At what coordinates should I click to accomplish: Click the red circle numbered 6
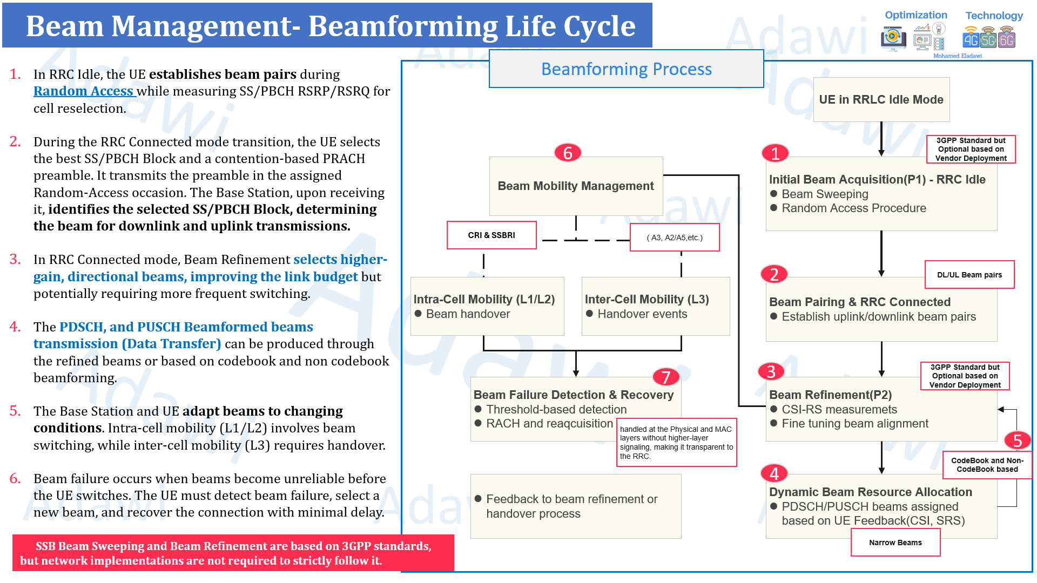click(x=568, y=153)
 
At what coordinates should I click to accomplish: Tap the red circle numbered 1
click(x=775, y=153)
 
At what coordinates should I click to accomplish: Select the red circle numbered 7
click(x=666, y=377)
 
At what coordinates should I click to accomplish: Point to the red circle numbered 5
click(x=1018, y=440)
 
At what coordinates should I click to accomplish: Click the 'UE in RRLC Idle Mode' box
click(x=881, y=99)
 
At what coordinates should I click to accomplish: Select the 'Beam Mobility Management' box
click(x=576, y=186)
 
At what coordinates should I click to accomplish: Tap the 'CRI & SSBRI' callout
click(x=491, y=235)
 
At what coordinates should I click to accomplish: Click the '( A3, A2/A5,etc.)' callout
click(x=675, y=238)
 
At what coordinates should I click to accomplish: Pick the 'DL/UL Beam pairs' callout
click(x=969, y=275)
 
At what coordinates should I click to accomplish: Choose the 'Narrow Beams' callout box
click(x=895, y=543)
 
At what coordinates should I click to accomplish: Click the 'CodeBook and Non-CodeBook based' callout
click(x=987, y=465)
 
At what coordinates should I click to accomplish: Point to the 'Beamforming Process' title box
click(x=626, y=69)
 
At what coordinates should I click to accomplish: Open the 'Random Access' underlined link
click(x=84, y=91)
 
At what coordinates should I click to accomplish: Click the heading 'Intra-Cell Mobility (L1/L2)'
click(x=484, y=299)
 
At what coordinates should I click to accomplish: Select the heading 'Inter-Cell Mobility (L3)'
click(x=647, y=299)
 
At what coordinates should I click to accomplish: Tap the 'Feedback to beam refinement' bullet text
click(x=571, y=506)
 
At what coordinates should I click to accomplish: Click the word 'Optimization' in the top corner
click(x=915, y=15)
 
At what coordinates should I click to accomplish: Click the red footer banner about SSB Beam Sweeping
click(x=233, y=553)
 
